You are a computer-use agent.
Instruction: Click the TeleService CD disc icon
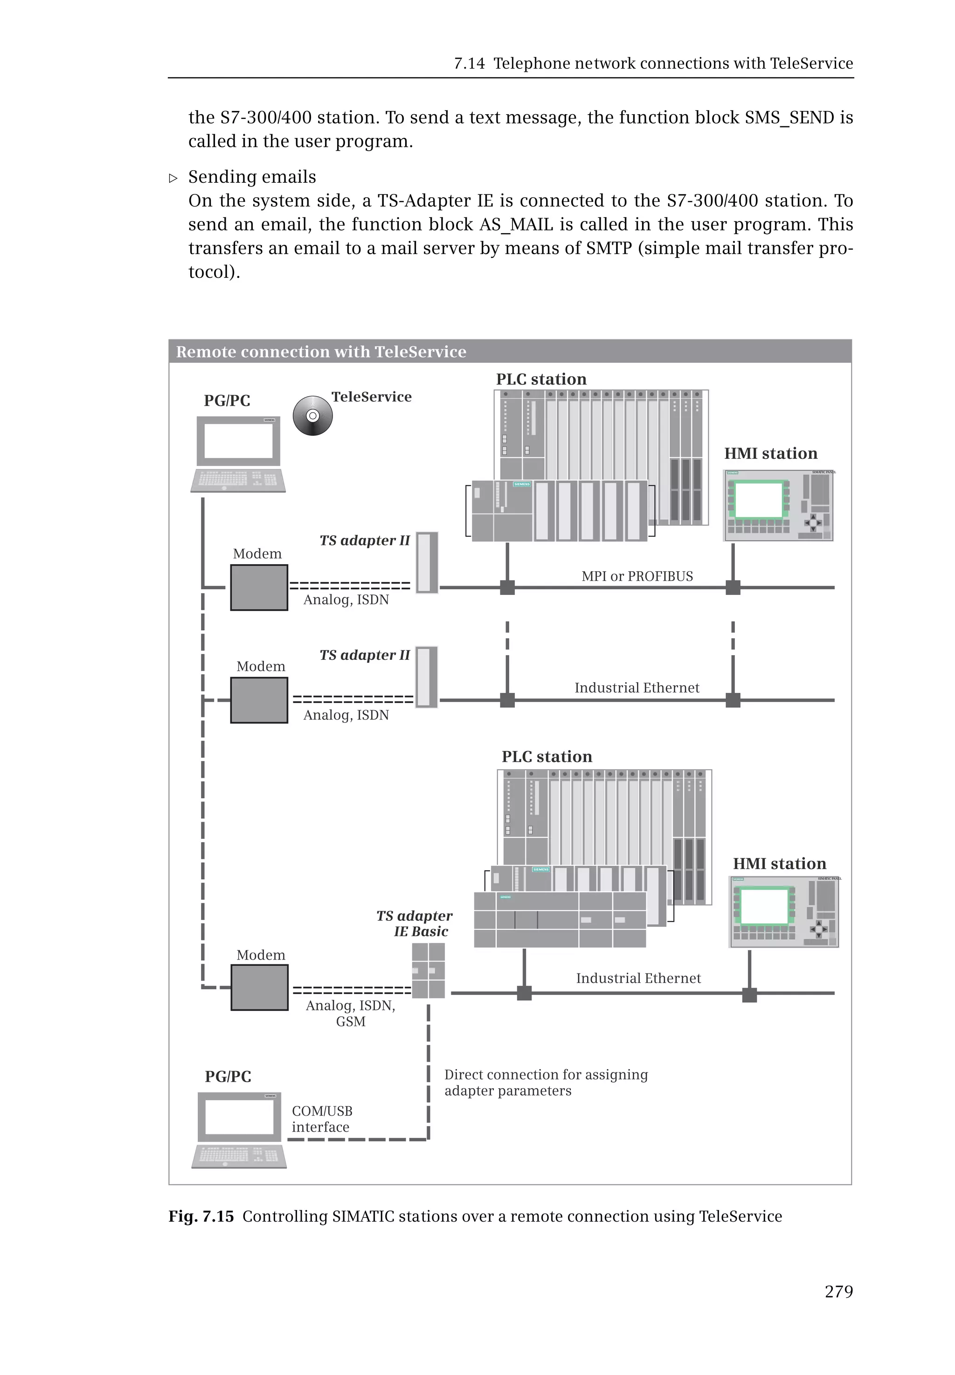click(x=312, y=415)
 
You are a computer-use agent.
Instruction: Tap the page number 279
click(x=838, y=1291)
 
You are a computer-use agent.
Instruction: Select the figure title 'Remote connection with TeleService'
click(x=321, y=352)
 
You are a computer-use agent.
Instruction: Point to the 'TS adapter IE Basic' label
click(x=415, y=923)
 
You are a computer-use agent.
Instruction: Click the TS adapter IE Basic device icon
click(x=429, y=970)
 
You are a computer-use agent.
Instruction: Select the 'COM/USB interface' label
click(x=322, y=1119)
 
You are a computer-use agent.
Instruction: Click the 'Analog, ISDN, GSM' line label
click(x=351, y=1013)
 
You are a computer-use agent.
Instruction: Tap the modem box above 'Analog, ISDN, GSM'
click(x=260, y=987)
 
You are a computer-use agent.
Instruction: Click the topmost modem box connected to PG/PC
click(x=259, y=587)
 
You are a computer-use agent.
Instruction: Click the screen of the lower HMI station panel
click(x=764, y=906)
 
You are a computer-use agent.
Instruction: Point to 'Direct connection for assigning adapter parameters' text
click(x=545, y=1082)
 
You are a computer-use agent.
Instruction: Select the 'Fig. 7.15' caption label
click(x=201, y=1216)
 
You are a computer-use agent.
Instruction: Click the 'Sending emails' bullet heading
click(x=252, y=177)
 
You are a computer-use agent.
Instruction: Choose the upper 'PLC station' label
click(x=541, y=380)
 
